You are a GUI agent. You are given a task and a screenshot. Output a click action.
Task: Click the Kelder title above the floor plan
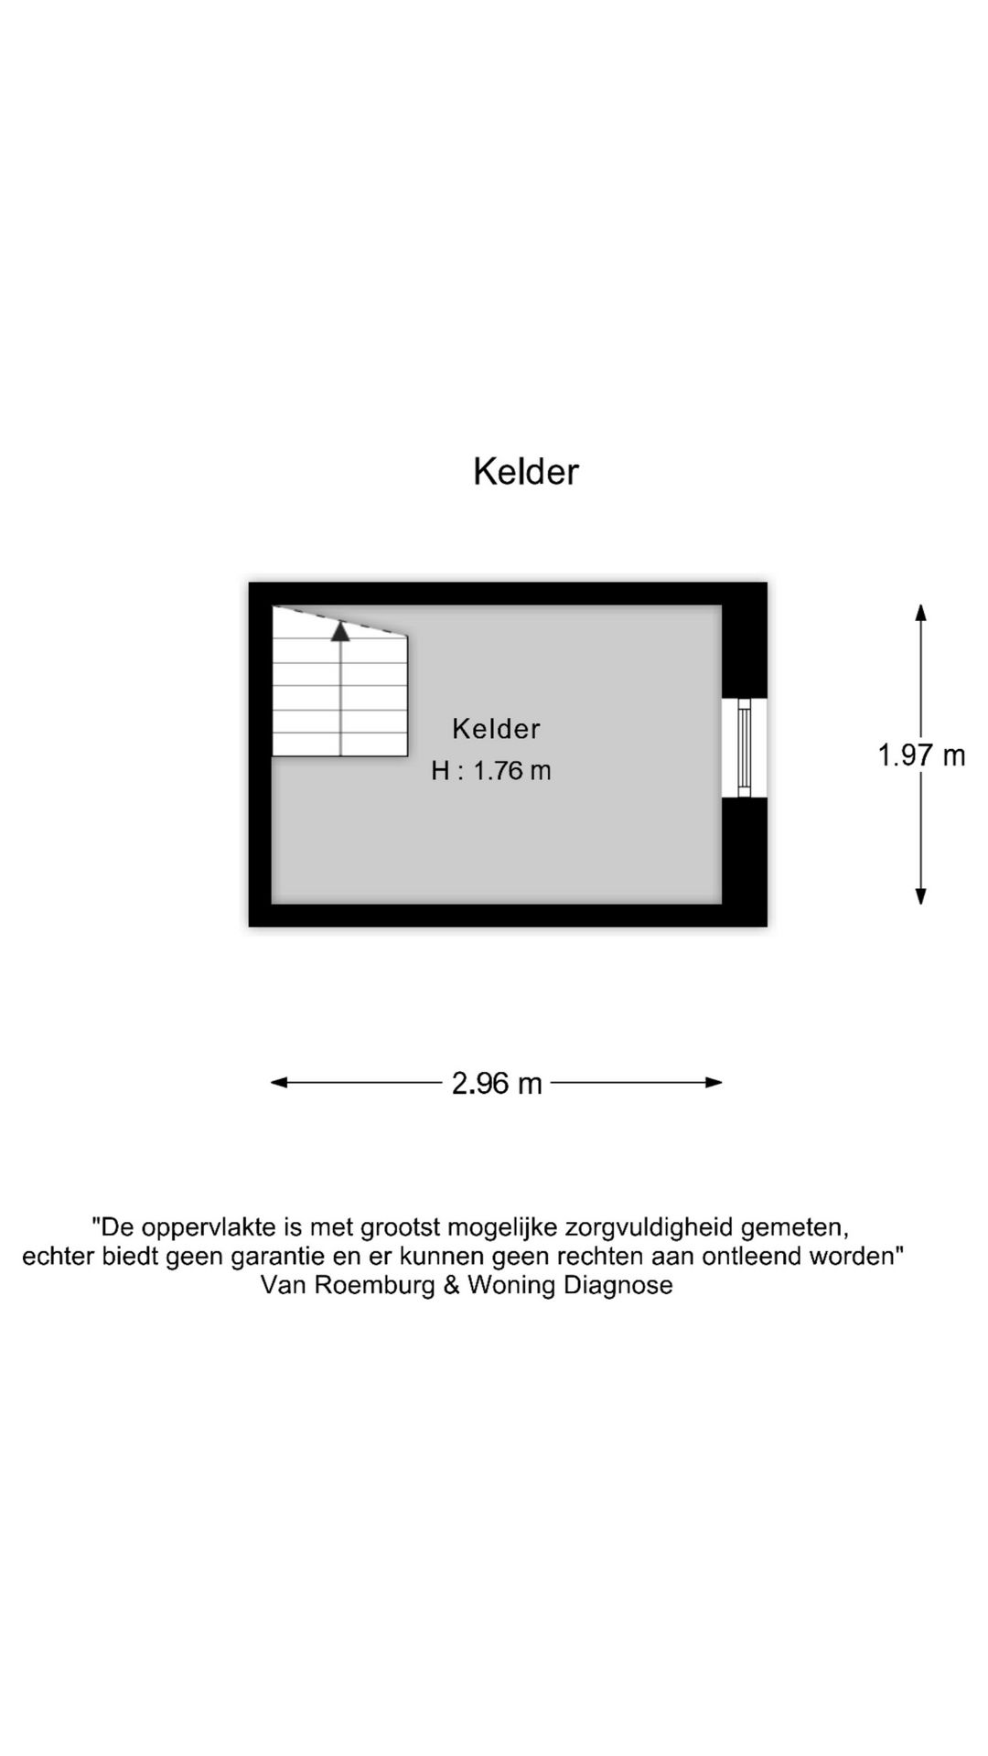526,472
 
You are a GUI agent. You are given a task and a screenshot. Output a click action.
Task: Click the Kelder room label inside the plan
497,729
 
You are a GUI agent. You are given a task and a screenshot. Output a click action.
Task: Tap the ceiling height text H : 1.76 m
491,771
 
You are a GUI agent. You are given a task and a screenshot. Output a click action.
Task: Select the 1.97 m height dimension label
921,755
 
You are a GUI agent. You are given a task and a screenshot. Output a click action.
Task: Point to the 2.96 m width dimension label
497,1084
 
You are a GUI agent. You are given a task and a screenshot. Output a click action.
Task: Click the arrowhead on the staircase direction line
341,630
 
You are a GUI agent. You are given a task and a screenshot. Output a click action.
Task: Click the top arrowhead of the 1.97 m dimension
921,612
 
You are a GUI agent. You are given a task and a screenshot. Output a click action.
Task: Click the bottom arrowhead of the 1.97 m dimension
921,897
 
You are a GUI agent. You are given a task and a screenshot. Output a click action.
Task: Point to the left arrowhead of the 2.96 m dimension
279,1083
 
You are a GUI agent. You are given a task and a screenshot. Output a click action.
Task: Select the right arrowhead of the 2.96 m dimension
714,1083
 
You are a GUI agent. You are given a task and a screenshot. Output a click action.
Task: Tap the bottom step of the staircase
340,744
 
